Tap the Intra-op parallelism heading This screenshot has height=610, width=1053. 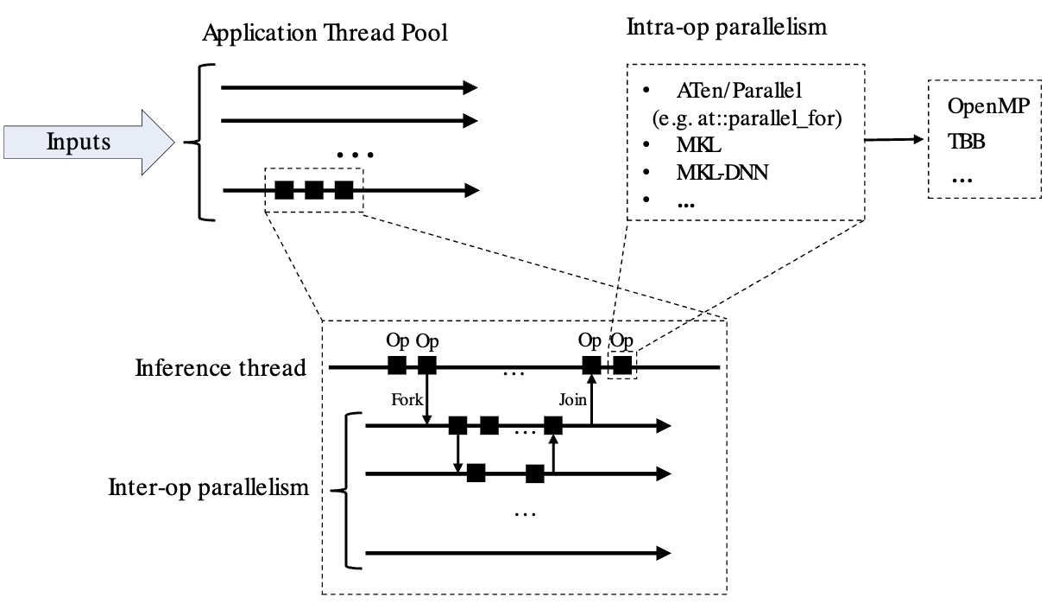tap(726, 27)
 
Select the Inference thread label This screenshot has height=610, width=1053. tap(221, 368)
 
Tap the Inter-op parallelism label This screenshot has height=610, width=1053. tap(209, 487)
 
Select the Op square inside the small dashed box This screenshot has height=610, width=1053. tap(621, 365)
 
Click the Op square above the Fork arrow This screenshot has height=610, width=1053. tap(427, 365)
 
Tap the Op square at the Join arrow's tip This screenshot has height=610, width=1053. tap(591, 365)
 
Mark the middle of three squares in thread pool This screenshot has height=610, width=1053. tap(314, 190)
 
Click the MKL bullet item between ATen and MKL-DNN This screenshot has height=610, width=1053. tap(693, 144)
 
